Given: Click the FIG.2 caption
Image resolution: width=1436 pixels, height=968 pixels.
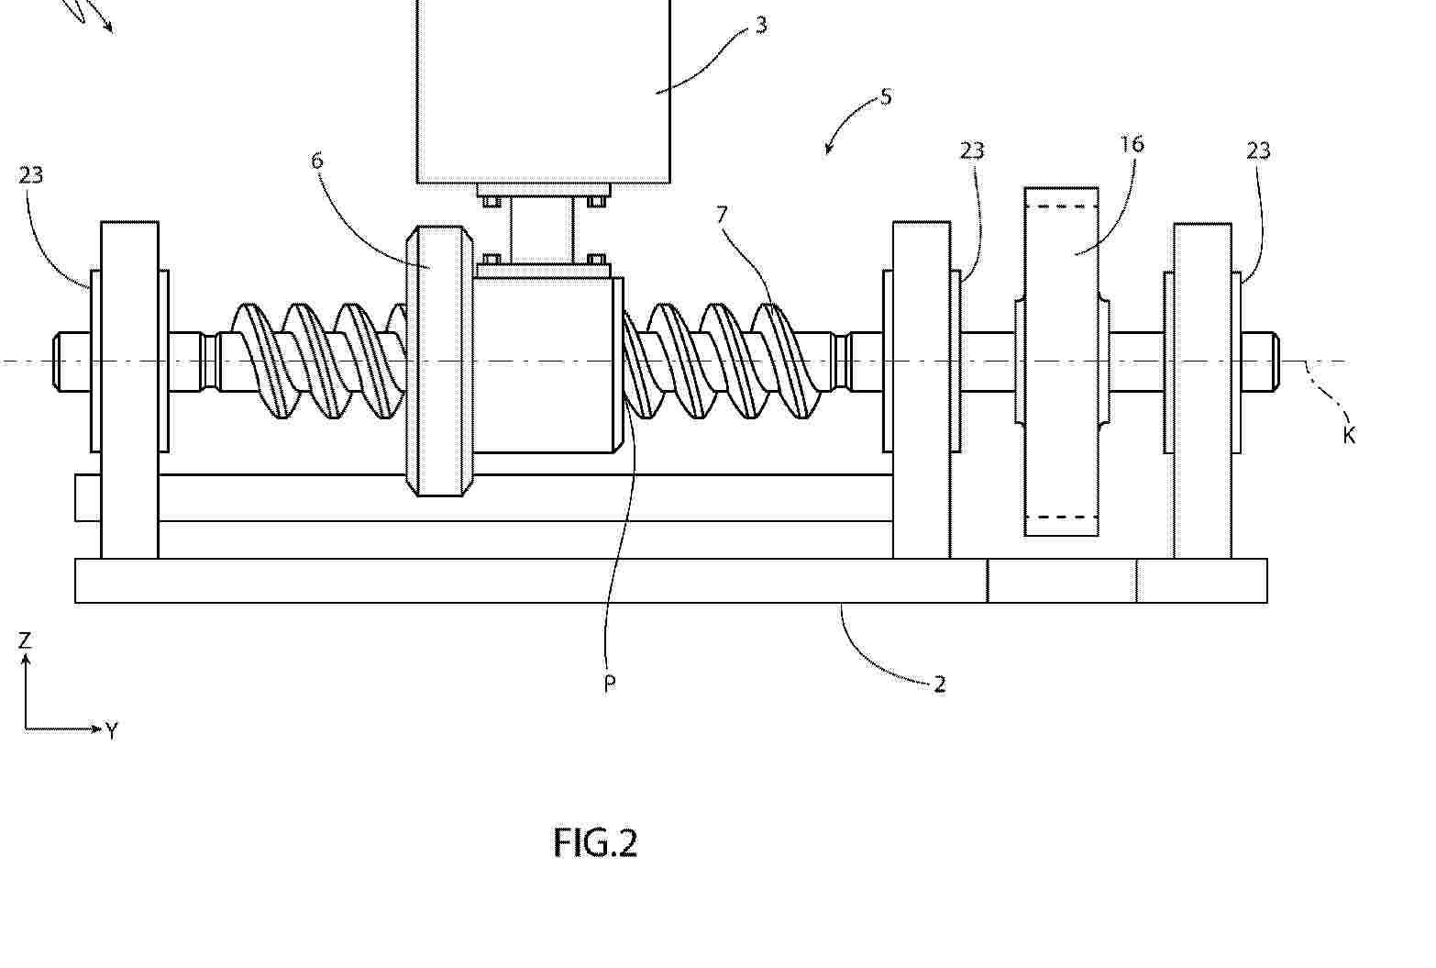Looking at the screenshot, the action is click(x=595, y=842).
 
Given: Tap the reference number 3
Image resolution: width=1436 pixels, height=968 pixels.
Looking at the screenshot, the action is click(x=760, y=25).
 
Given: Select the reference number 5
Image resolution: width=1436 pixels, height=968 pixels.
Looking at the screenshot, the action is click(x=886, y=97).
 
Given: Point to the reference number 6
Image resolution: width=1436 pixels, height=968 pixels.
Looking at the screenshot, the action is click(x=316, y=161).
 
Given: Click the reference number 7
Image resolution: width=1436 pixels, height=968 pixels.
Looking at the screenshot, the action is click(x=723, y=215).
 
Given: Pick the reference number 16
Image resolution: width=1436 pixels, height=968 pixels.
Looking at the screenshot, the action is click(x=1132, y=144).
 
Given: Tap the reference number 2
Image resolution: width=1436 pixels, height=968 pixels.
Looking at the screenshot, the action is click(x=939, y=684).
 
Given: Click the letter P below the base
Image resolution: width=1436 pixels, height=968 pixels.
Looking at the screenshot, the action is click(x=610, y=684).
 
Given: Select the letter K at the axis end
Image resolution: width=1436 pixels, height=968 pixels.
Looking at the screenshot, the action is click(x=1349, y=436).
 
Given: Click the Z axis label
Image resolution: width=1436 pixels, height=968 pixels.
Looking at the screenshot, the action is click(x=25, y=640).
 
